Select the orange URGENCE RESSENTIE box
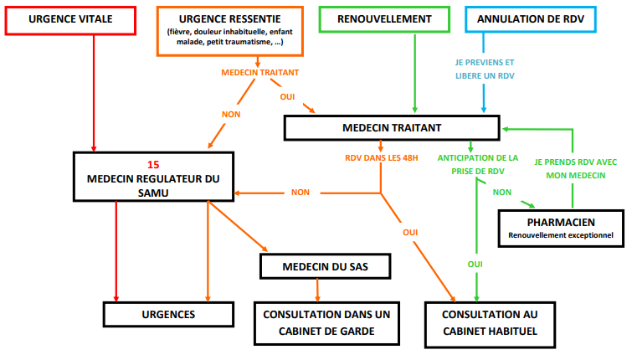tap(230, 31)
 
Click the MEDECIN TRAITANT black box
tap(392, 127)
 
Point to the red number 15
tap(152, 164)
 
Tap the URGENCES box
tap(167, 315)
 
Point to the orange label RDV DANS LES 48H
tap(382, 157)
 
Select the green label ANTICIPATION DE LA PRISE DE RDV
tap(477, 163)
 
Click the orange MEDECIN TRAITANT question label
tap(260, 72)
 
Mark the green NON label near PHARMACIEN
tap(502, 192)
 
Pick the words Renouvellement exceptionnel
tap(561, 237)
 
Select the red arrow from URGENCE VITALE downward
tap(94, 92)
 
